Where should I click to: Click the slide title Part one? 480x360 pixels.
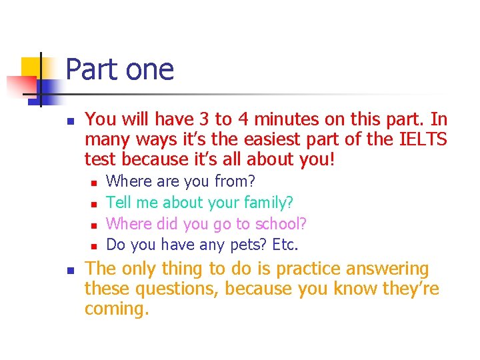point(120,70)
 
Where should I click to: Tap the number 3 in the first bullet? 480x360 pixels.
point(204,120)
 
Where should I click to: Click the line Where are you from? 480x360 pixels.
point(181,181)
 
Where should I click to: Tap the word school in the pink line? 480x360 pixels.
point(277,223)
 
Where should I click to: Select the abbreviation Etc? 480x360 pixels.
point(283,245)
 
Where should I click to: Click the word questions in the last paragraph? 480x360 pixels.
point(176,289)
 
